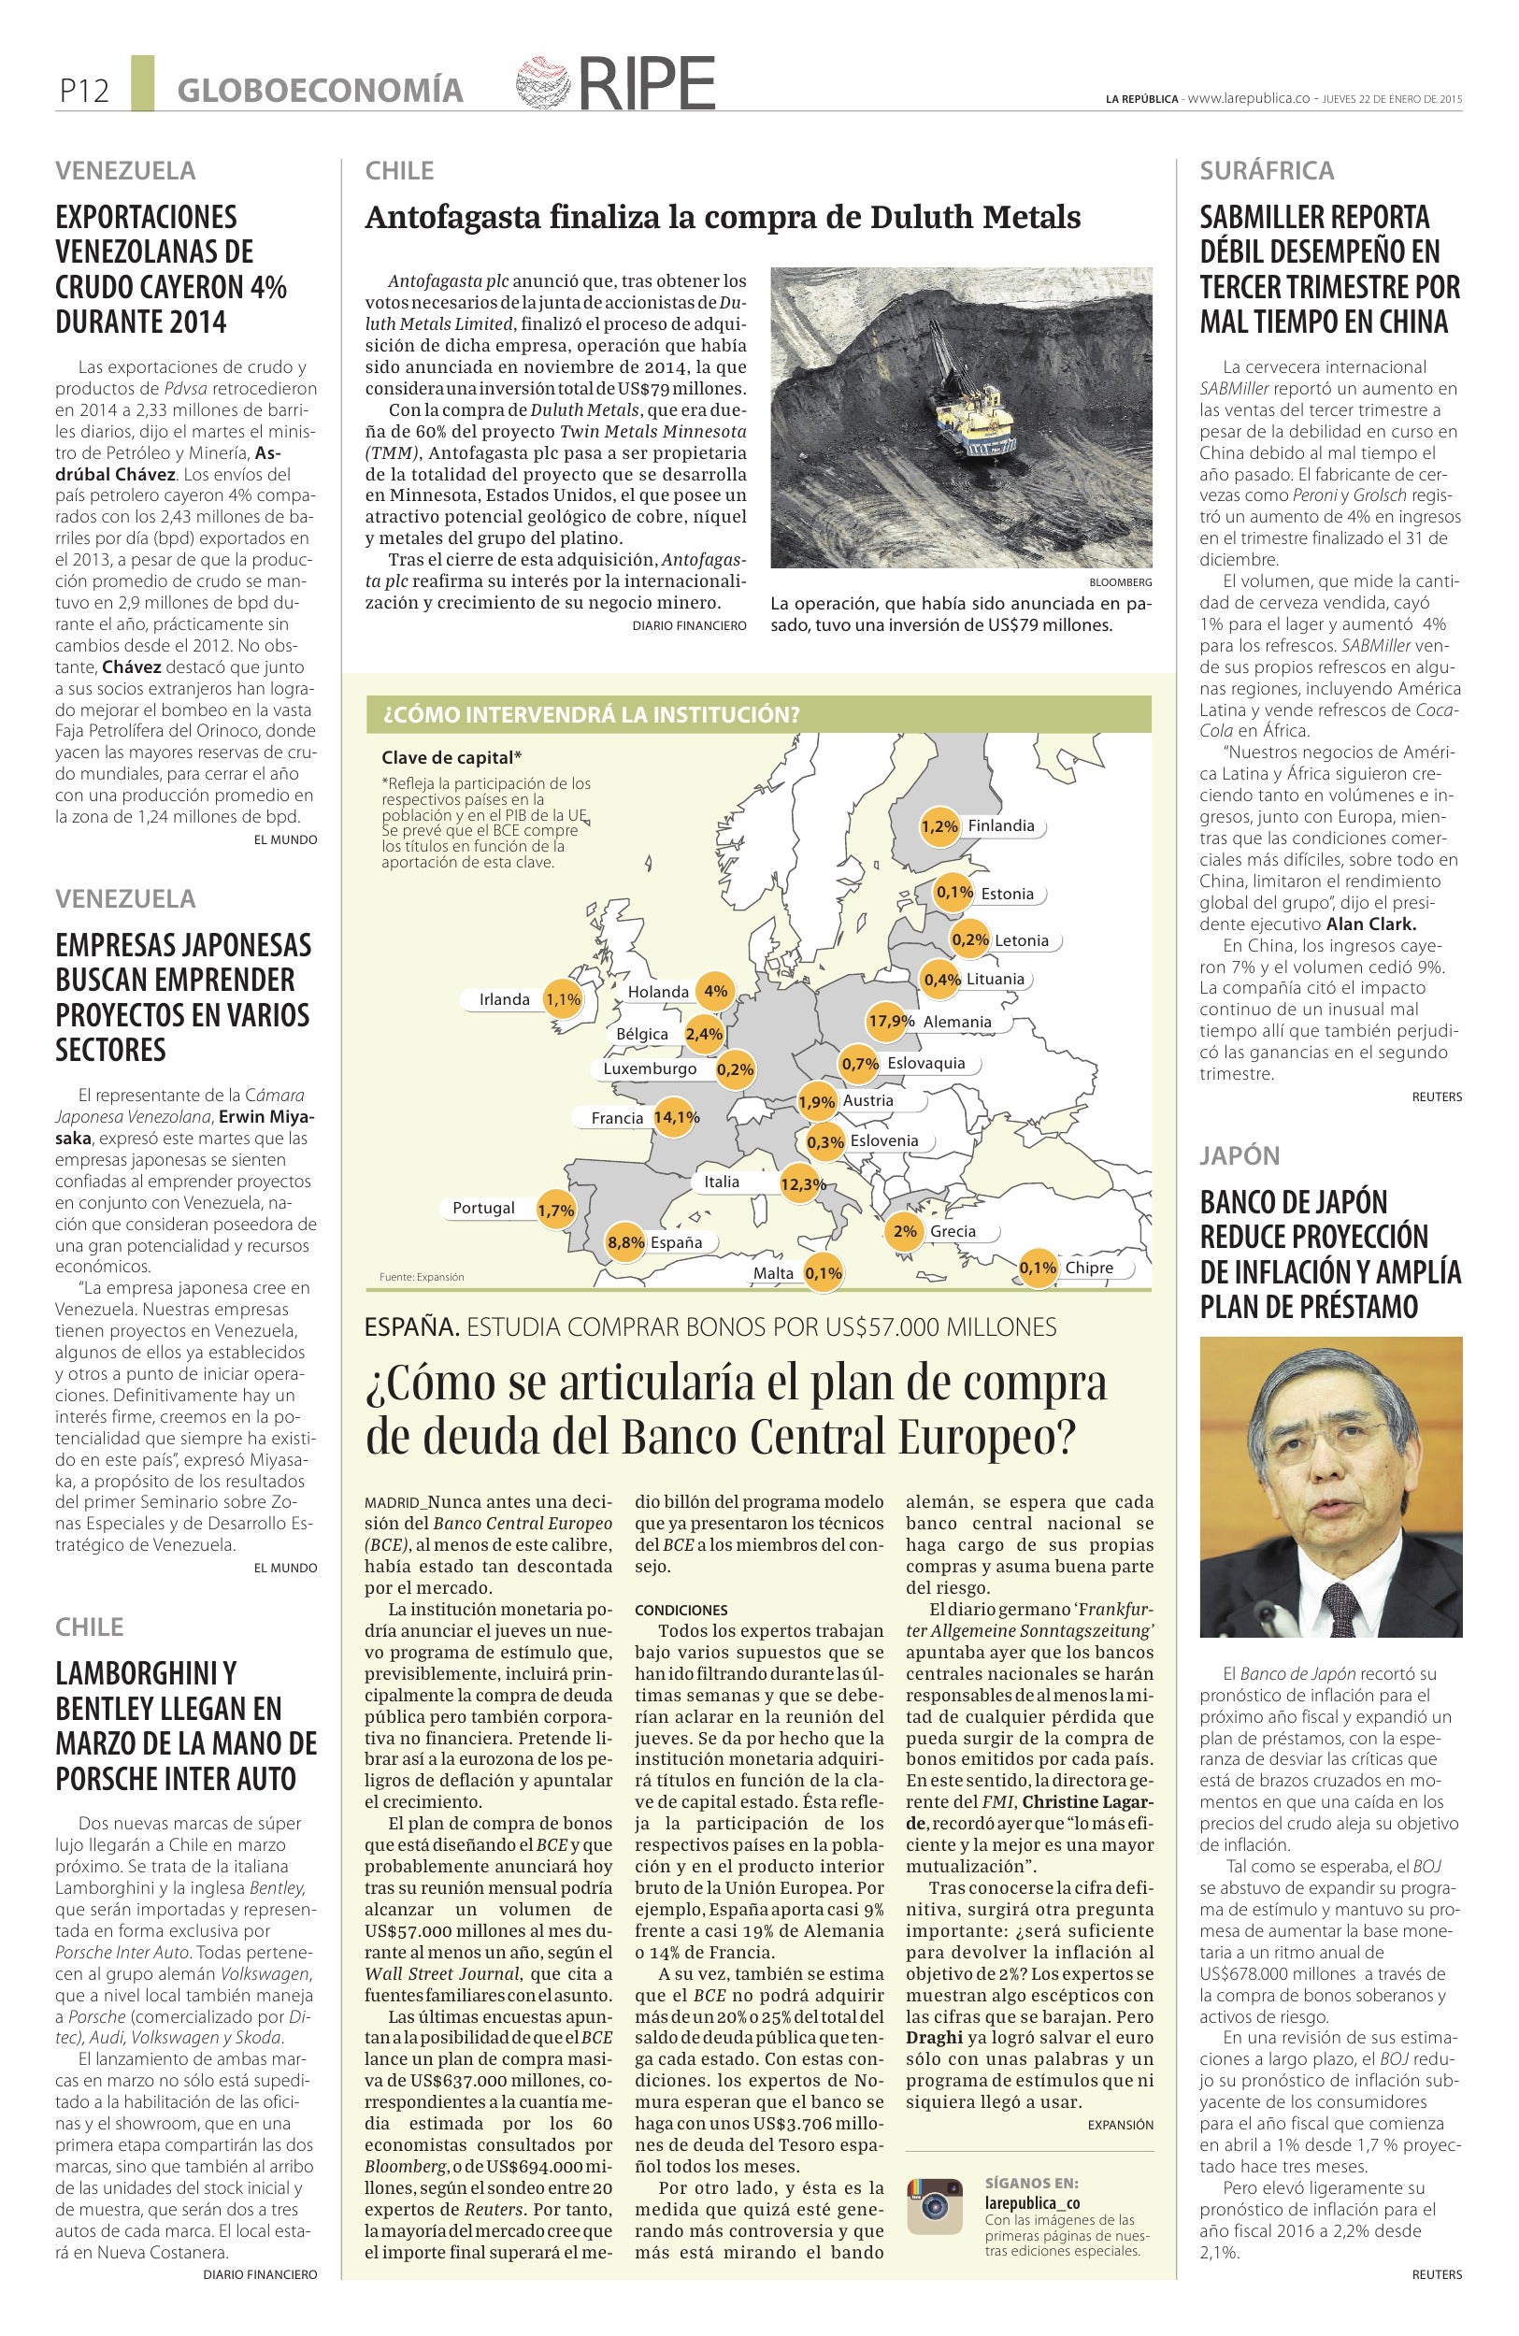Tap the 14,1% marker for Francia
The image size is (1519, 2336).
[x=675, y=1117]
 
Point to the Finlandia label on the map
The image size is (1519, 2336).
[x=1001, y=825]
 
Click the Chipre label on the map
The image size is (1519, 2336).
[x=1089, y=1268]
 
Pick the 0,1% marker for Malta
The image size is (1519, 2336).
[x=824, y=1273]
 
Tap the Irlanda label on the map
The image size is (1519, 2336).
[x=505, y=1000]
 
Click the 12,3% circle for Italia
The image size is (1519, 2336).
[x=803, y=1184]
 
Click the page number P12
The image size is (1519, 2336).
[x=83, y=92]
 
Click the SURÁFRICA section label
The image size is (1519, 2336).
[x=1267, y=171]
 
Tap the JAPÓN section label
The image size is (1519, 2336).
[x=1240, y=1155]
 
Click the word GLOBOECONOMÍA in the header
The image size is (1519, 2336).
[x=320, y=92]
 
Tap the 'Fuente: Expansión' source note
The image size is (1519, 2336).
[x=421, y=1277]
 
